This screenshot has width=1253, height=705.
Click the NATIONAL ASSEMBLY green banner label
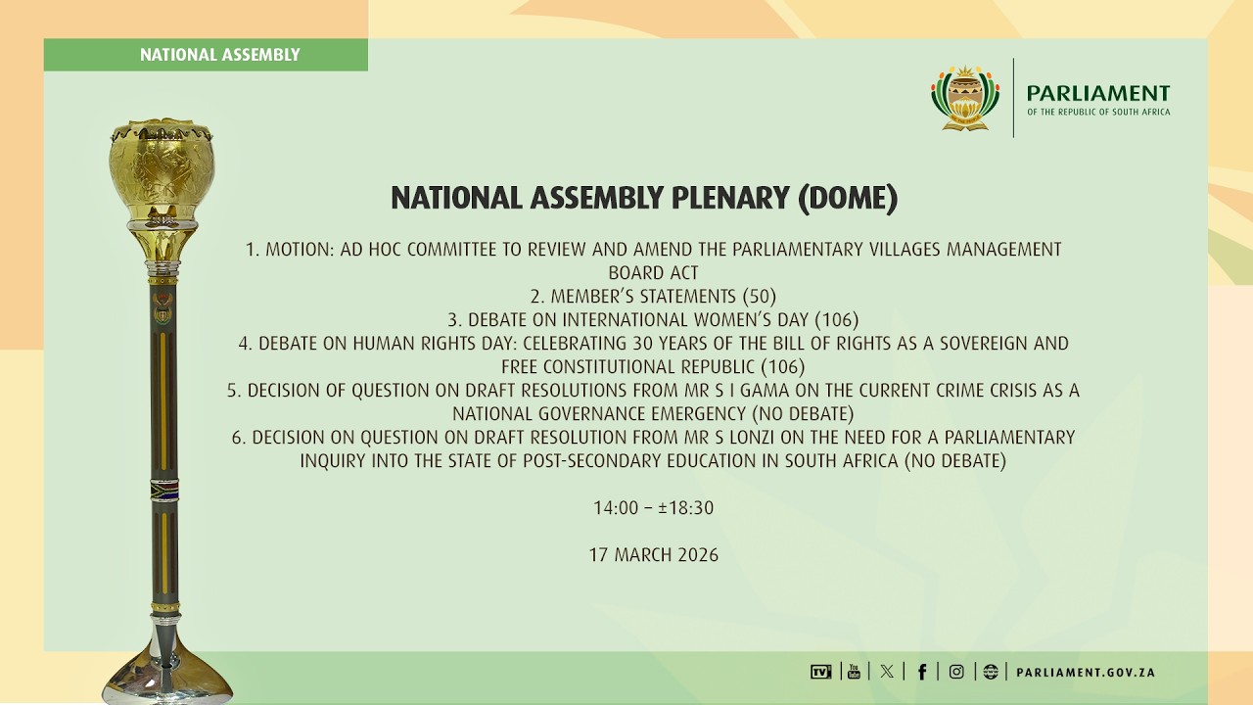[x=219, y=55]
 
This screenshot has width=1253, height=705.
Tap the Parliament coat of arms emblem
[x=964, y=98]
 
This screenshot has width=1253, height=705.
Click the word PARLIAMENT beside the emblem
[x=1097, y=93]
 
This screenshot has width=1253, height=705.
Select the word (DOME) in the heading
[x=847, y=199]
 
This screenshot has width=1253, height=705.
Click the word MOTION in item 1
[x=300, y=250]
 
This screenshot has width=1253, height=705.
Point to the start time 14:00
[x=614, y=508]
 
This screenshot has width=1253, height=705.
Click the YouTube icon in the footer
[x=854, y=672]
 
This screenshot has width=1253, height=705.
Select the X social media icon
[x=887, y=672]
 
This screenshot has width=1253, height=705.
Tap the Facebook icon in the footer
[x=922, y=672]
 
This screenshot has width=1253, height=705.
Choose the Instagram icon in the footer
[x=956, y=672]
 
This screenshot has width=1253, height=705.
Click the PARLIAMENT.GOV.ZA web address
[x=1086, y=673]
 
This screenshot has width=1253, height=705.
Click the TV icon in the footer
[x=820, y=672]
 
